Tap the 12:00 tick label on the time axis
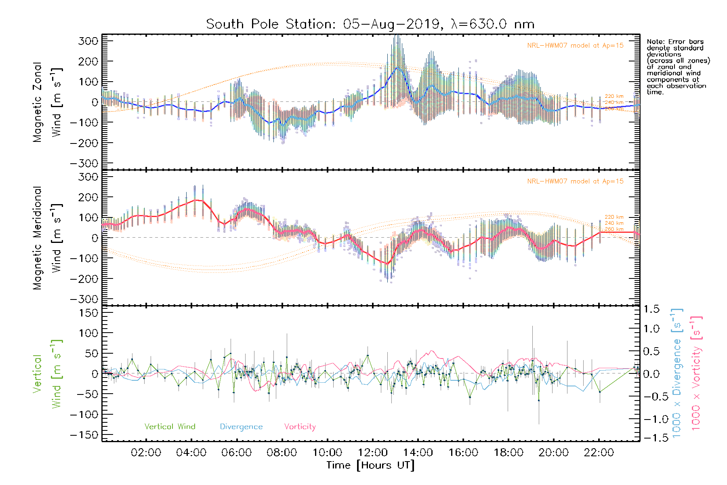(373, 453)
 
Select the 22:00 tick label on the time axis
(599, 453)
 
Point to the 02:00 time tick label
(146, 453)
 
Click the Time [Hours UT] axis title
(370, 465)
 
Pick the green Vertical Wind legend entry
(170, 427)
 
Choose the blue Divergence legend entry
(241, 427)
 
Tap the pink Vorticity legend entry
(300, 427)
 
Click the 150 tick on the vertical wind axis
(89, 313)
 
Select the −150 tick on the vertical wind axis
(84, 435)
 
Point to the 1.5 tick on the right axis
(651, 309)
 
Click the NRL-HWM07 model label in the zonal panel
(575, 46)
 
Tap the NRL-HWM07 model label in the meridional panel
(575, 181)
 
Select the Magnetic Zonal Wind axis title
(47, 102)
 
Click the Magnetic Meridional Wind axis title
(47, 238)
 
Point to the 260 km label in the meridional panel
(614, 229)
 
